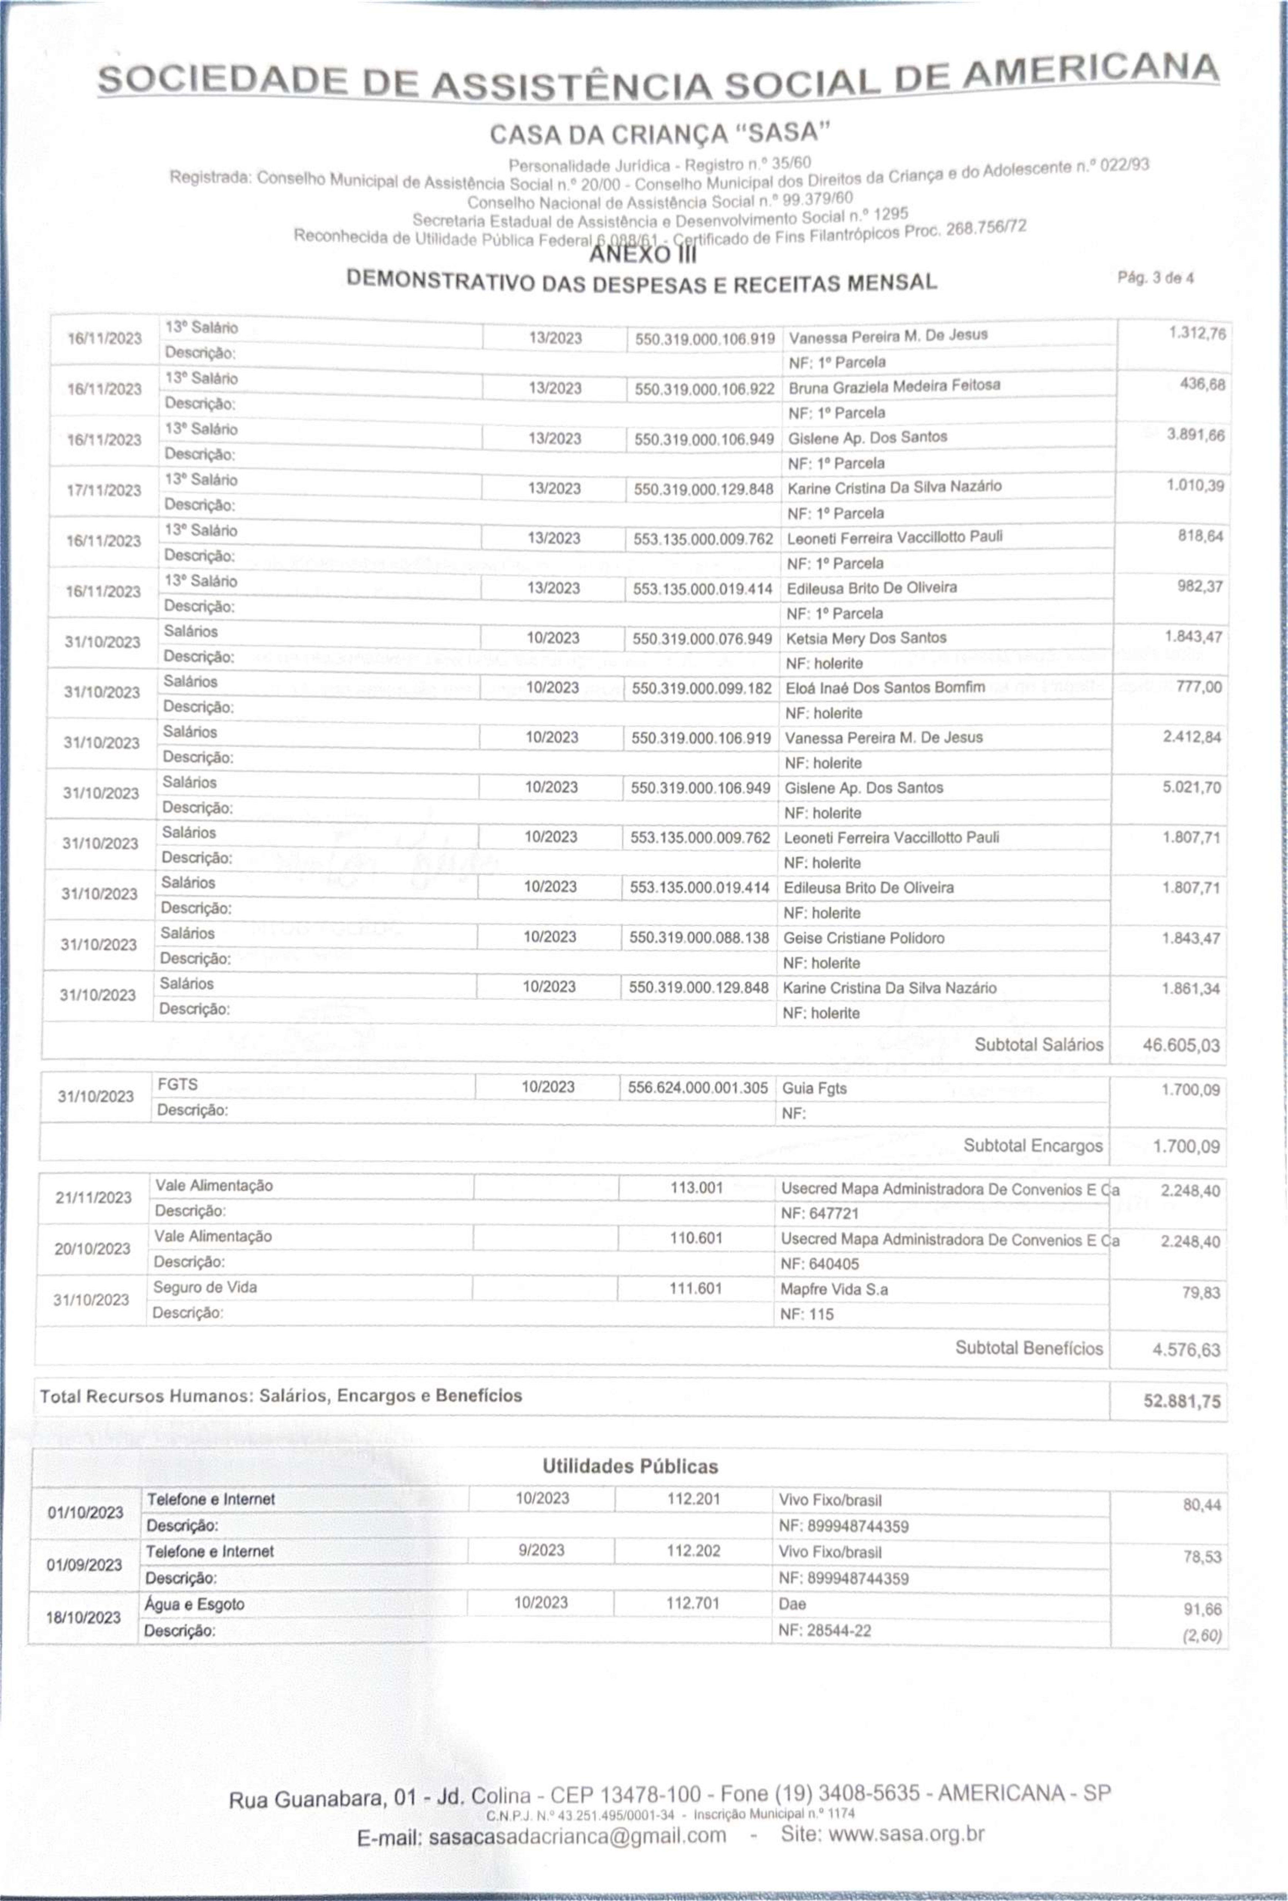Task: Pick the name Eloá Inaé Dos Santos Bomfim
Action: click(885, 688)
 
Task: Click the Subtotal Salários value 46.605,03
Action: click(1180, 1046)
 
